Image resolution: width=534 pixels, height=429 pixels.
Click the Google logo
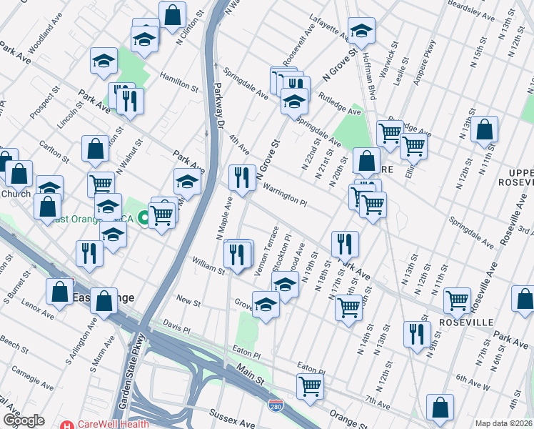(x=24, y=420)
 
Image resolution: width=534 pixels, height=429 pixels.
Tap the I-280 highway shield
(x=276, y=407)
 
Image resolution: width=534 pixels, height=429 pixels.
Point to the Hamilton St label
(x=179, y=81)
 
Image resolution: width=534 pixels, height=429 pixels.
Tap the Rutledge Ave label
(x=340, y=105)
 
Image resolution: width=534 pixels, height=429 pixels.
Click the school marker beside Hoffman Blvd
(x=361, y=30)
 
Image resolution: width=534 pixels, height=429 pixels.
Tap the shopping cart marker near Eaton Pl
(x=311, y=386)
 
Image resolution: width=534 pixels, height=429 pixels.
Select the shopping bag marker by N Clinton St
(x=173, y=14)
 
